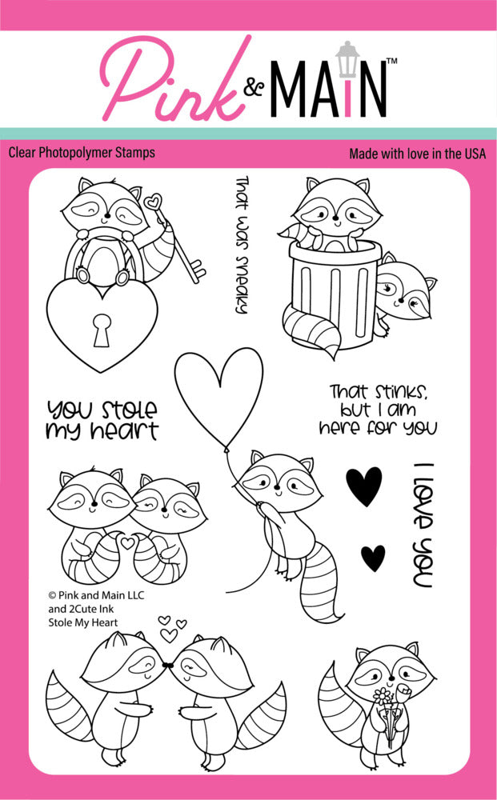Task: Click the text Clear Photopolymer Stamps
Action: point(82,152)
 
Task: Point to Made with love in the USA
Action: point(417,153)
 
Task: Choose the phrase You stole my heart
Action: point(102,420)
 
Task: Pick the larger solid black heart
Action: point(364,486)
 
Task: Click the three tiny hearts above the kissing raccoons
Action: point(170,628)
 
